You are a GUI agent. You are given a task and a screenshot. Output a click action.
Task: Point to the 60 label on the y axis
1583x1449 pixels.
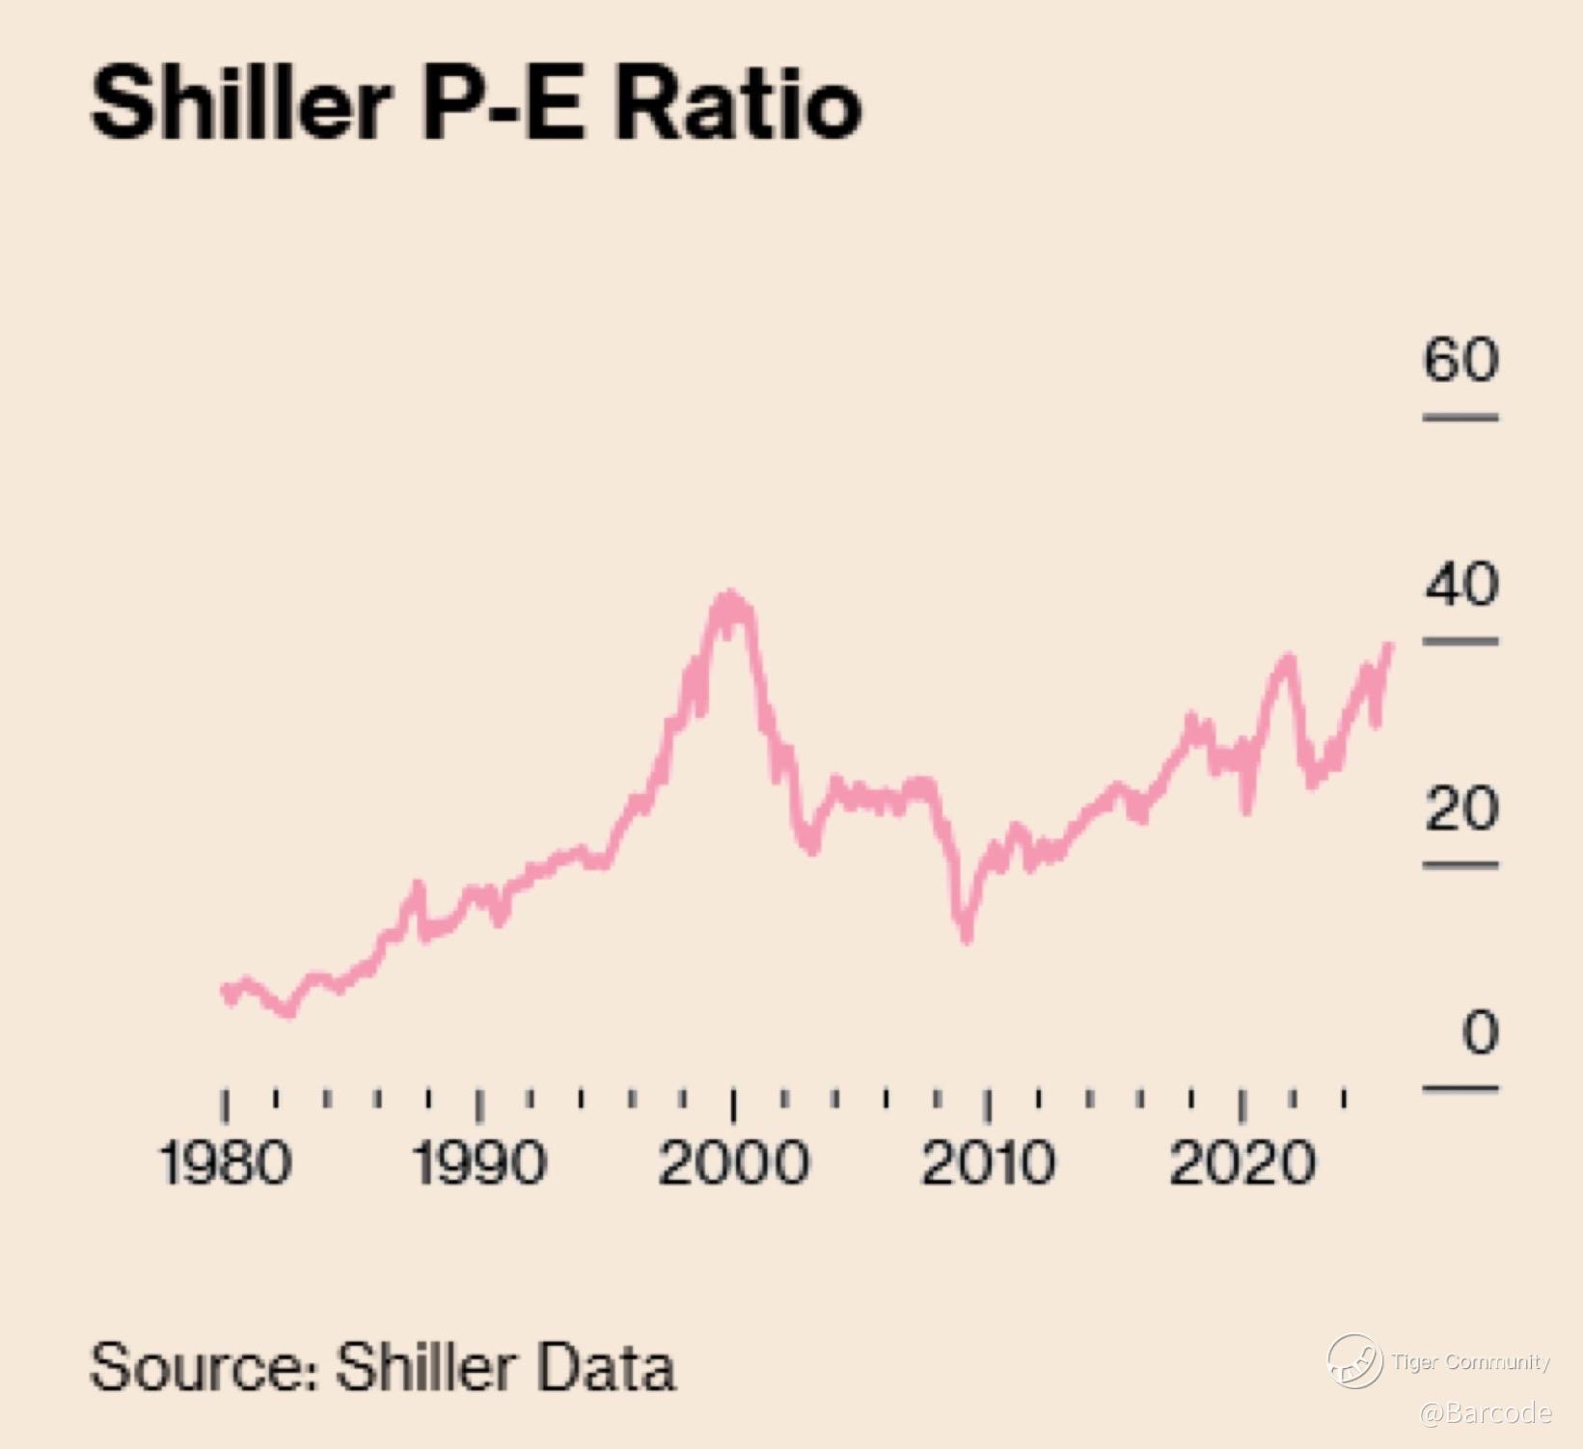click(x=1461, y=360)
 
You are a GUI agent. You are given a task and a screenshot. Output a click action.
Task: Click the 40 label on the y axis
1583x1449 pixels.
click(x=1461, y=585)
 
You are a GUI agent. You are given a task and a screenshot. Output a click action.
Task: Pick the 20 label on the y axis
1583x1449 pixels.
click(x=1461, y=808)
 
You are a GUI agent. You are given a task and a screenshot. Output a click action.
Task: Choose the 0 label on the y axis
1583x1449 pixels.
click(x=1480, y=1032)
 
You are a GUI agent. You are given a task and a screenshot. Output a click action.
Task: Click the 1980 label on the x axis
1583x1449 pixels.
click(x=225, y=1162)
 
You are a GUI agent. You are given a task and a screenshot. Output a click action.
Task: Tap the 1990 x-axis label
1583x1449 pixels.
click(x=479, y=1162)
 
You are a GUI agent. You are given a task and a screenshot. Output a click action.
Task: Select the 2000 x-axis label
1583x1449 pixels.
click(x=733, y=1162)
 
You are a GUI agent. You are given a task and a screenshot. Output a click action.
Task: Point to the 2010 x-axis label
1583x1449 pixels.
click(x=988, y=1162)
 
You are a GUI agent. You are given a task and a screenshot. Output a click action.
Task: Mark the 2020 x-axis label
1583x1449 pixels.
click(x=1242, y=1162)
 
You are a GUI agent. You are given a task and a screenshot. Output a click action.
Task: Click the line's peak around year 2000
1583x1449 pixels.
click(x=730, y=596)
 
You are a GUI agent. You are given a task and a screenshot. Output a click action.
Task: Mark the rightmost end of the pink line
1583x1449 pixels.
click(x=1389, y=644)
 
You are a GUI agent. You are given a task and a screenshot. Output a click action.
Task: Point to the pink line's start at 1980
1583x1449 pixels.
click(x=226, y=990)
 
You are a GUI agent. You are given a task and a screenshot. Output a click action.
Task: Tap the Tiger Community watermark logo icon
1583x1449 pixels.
click(x=1354, y=1361)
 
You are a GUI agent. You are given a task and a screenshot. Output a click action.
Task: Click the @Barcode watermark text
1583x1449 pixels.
click(x=1486, y=1413)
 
